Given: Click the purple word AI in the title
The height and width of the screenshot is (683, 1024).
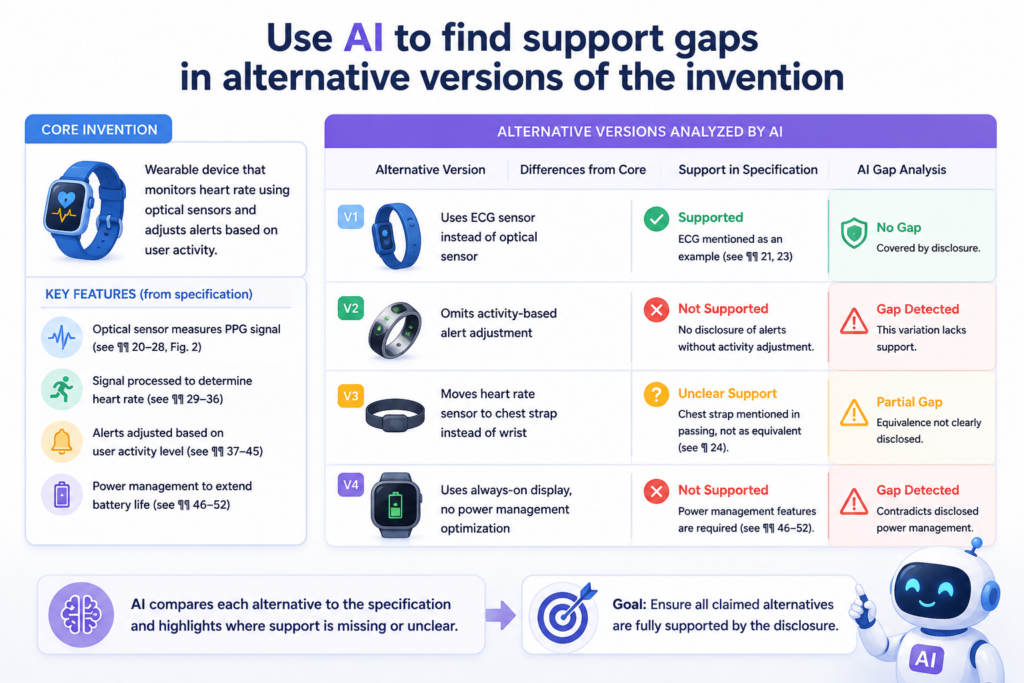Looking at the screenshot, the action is coord(362,38).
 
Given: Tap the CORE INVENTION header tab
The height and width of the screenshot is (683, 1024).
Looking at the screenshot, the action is coord(99,129).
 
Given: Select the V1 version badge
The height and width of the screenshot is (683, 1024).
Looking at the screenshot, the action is coord(351,217).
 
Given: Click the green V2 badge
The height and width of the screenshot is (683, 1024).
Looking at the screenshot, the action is coord(351,308).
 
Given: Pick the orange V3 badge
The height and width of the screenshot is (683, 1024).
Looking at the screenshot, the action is coord(351,396).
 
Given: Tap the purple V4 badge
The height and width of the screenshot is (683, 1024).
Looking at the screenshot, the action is coord(351,484).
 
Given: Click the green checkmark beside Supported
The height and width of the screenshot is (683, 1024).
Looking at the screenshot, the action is coord(656,219).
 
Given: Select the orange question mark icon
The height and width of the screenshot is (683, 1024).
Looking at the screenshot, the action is coord(656,394).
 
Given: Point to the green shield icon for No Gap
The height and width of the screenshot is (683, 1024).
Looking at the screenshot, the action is coord(854,233).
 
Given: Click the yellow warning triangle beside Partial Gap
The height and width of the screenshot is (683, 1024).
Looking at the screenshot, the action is coord(854,413).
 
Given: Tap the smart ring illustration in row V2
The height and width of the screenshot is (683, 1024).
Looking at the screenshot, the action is coord(394,330).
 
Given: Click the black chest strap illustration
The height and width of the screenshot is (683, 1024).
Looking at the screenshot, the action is coord(395,415).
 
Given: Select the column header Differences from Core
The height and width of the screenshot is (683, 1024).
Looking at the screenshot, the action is coord(583,170).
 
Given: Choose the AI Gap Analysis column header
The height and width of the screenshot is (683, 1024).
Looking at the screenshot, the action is coord(901,170).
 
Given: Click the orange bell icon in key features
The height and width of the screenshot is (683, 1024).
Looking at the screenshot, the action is coord(61,441).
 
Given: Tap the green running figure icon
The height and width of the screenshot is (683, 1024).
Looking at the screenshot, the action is coord(61,389).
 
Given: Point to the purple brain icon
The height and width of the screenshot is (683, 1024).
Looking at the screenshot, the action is coord(81,615).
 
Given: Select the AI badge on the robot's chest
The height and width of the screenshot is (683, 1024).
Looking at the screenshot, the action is coord(925,658).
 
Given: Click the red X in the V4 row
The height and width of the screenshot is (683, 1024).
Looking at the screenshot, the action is coord(656,492).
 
